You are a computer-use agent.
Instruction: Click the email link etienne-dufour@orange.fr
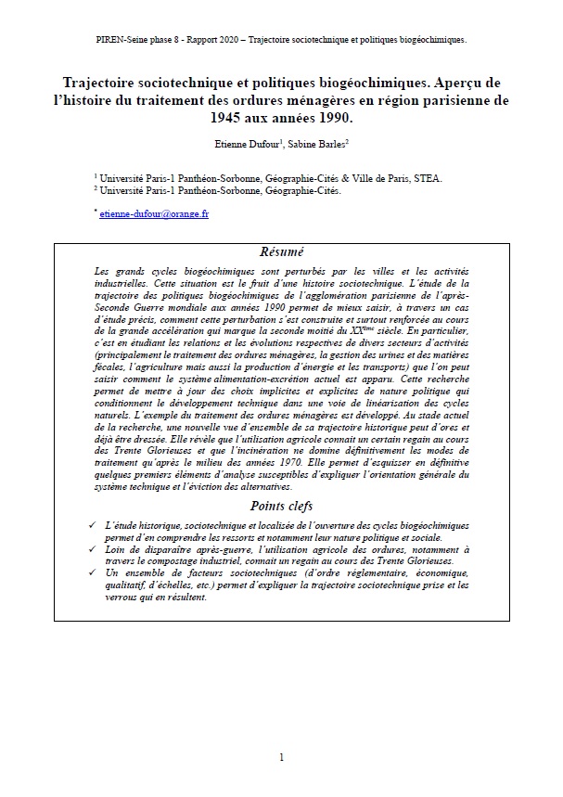pyautogui.click(x=154, y=213)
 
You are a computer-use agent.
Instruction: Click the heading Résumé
pyautogui.click(x=281, y=252)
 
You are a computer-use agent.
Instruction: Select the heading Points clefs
pyautogui.click(x=281, y=506)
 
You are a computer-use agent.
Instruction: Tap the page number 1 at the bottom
pyautogui.click(x=281, y=758)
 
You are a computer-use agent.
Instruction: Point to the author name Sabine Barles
pyautogui.click(x=318, y=144)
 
